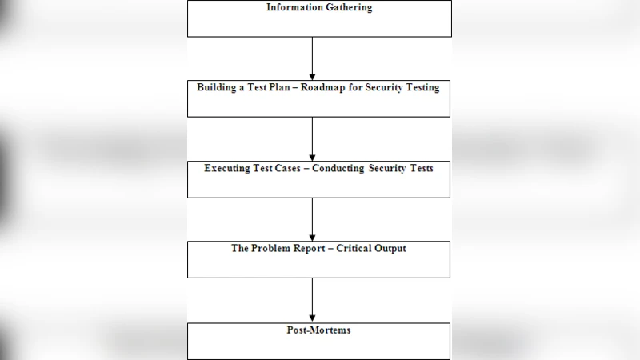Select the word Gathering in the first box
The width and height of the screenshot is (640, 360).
point(347,8)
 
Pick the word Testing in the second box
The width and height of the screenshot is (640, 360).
point(420,87)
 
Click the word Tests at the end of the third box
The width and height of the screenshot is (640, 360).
point(420,168)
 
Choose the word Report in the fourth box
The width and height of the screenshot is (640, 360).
point(314,248)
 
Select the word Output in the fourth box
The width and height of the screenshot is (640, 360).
point(390,248)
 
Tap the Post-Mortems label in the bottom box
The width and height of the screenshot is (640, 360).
point(318,330)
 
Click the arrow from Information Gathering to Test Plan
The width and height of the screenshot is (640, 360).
point(312,58)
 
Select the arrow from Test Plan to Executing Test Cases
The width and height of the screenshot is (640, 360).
point(312,138)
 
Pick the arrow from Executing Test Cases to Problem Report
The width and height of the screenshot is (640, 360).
point(312,219)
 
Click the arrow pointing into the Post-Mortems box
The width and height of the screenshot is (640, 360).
point(312,300)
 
